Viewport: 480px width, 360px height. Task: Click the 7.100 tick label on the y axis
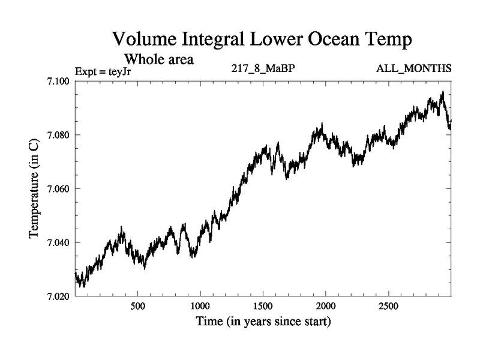click(59, 81)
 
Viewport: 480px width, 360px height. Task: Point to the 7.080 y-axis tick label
click(59, 135)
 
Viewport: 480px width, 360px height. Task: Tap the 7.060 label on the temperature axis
click(59, 189)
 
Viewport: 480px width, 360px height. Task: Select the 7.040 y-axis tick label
click(59, 242)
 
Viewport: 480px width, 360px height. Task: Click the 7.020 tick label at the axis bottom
click(59, 296)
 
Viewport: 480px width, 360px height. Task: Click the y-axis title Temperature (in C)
click(35, 188)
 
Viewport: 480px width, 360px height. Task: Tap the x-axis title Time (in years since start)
click(263, 322)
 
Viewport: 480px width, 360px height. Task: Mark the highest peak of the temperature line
click(442, 92)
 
